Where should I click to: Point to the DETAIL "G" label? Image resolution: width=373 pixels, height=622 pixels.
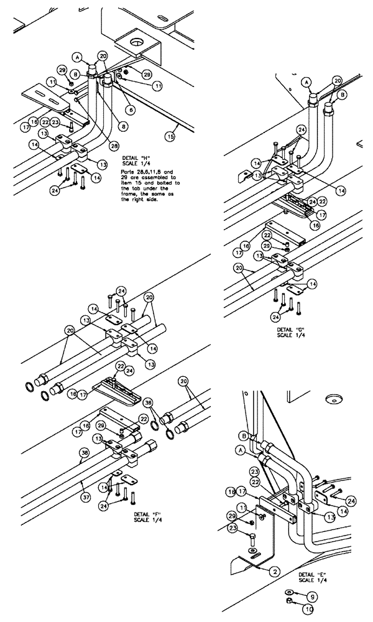coord(291,329)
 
